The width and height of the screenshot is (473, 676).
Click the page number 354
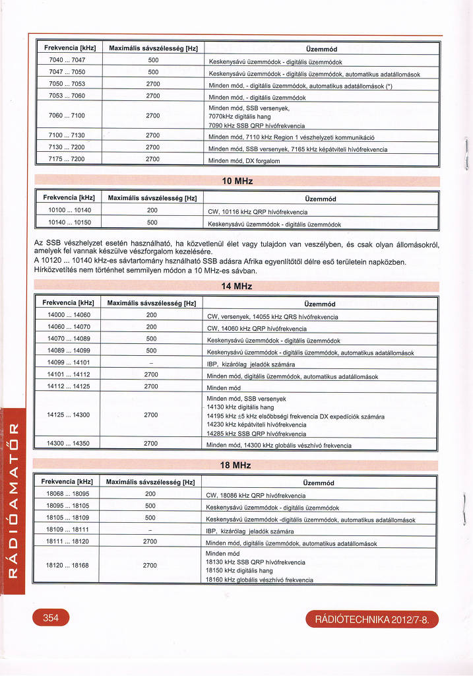pyautogui.click(x=51, y=618)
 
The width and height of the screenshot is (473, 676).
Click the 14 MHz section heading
pyautogui.click(x=237, y=287)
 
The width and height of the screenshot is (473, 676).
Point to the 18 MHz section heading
pyautogui.click(x=237, y=465)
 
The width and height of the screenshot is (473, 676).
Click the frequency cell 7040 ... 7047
pyautogui.click(x=67, y=59)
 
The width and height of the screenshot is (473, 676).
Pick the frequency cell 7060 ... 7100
pyautogui.click(x=67, y=116)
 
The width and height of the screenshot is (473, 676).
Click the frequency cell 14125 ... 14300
pyautogui.click(x=69, y=415)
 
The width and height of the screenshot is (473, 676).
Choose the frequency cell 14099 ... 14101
pyautogui.click(x=69, y=362)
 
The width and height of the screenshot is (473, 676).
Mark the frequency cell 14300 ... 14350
pyautogui.click(x=69, y=443)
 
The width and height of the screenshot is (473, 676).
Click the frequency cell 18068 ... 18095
pyautogui.click(x=68, y=493)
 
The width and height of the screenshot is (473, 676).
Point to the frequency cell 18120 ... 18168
pyautogui.click(x=68, y=565)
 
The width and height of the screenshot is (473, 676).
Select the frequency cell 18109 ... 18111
pyautogui.click(x=68, y=529)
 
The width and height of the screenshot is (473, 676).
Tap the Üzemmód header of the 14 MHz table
pyautogui.click(x=321, y=304)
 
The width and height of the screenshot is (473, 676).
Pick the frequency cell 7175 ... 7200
pyautogui.click(x=67, y=159)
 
